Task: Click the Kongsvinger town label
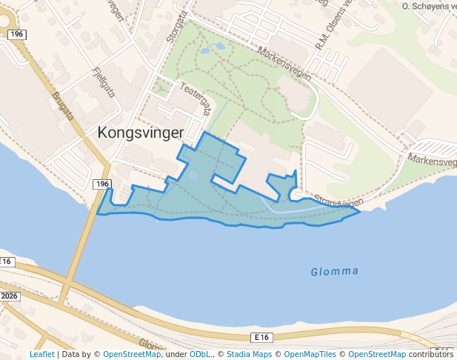pos(141,133)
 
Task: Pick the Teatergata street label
pos(194,98)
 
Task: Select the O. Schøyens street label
pos(426,6)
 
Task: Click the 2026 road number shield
pos(9,296)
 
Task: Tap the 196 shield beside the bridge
pos(101,184)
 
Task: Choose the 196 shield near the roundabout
pos(19,35)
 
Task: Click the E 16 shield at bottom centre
pos(260,337)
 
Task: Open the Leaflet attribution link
pos(42,354)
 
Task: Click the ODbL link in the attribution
pos(200,354)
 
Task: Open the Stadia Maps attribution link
pos(248,354)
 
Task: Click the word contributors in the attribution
pos(430,354)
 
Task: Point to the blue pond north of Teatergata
pos(218,47)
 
